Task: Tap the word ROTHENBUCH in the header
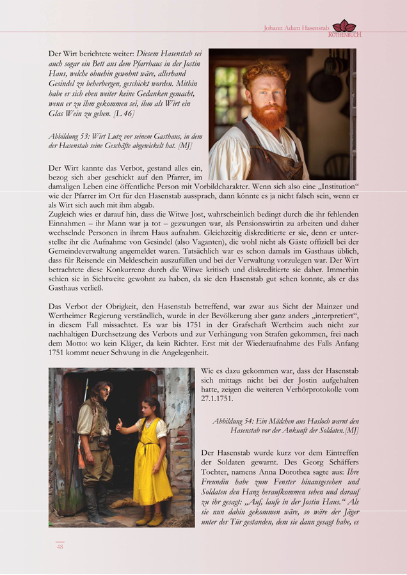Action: [x=344, y=34]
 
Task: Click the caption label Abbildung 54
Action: [x=236, y=421]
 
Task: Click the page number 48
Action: [x=60, y=547]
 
